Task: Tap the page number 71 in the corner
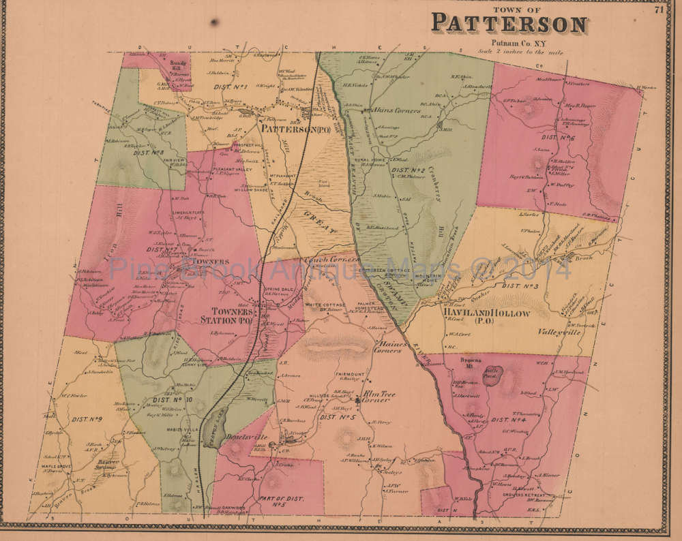point(658,9)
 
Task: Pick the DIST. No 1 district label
point(231,87)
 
